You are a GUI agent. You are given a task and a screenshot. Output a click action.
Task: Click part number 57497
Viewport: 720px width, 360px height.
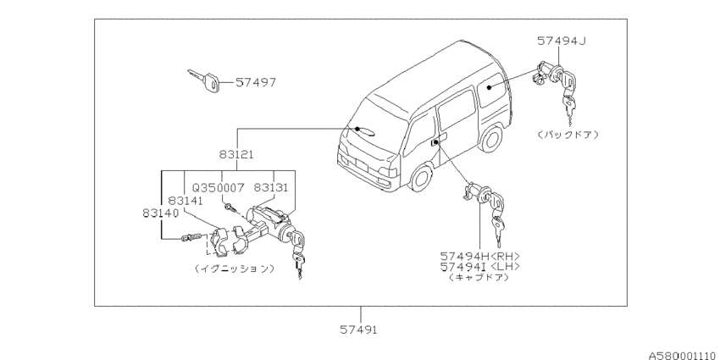tap(256, 83)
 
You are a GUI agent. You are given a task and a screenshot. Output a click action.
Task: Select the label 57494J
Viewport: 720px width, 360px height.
tap(562, 41)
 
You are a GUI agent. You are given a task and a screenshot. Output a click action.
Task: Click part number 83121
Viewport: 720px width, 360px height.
tap(236, 155)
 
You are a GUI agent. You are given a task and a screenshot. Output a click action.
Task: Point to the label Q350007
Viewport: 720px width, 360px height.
tap(218, 188)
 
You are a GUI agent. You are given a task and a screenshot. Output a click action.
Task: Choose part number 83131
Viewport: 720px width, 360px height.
tap(271, 188)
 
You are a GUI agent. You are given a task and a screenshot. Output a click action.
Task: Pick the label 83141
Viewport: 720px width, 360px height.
tap(186, 201)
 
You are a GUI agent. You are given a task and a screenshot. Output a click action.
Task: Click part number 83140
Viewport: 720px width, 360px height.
tap(160, 214)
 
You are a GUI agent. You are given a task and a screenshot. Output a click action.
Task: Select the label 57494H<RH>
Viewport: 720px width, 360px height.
tap(479, 256)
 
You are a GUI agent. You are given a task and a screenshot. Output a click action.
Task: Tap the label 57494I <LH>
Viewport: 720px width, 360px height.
tap(479, 267)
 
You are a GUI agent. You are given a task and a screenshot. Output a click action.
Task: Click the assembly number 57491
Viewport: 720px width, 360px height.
tap(358, 330)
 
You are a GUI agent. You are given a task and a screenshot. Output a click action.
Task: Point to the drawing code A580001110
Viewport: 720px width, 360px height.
tap(682, 356)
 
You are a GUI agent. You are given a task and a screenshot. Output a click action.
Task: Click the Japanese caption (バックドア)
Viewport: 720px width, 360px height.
tap(568, 135)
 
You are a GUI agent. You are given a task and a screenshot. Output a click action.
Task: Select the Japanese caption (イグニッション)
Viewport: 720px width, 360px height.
tap(234, 269)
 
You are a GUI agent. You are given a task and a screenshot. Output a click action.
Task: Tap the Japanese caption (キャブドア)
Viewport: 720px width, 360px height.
tap(479, 277)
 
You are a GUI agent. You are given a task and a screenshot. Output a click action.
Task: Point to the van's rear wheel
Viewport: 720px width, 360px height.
tap(490, 138)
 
